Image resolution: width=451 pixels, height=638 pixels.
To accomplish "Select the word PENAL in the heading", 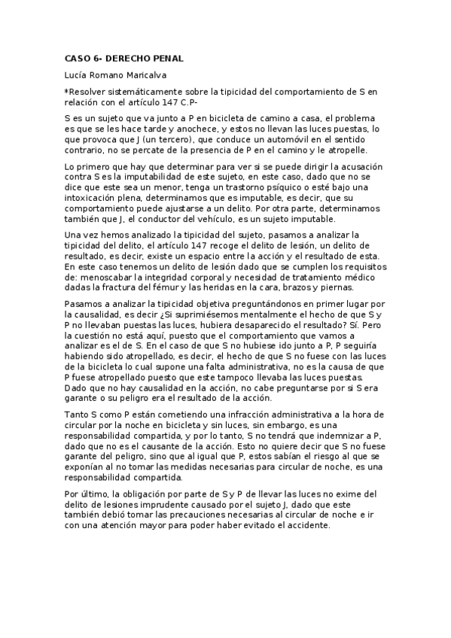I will point(166,59).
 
